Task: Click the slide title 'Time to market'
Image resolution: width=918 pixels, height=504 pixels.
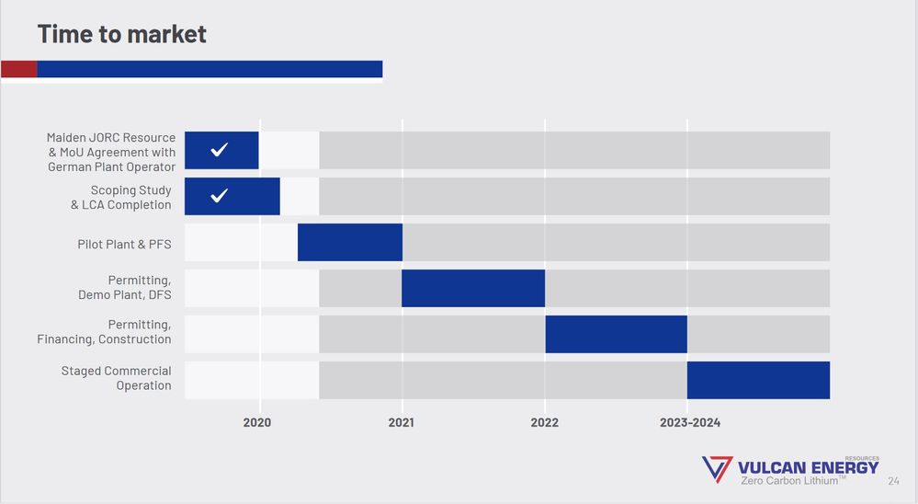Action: click(121, 34)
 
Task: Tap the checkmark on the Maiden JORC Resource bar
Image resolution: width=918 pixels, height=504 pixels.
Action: click(219, 150)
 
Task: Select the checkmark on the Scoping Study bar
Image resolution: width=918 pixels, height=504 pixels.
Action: click(219, 196)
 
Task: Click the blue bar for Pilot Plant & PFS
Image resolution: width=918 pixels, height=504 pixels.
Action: click(350, 242)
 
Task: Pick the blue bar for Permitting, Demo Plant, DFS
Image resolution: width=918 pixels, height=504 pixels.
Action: click(473, 288)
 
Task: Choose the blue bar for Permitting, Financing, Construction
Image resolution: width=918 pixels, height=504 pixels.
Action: click(616, 334)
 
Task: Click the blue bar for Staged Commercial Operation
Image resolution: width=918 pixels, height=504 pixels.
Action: click(758, 380)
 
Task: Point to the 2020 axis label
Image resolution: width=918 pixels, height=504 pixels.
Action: click(258, 423)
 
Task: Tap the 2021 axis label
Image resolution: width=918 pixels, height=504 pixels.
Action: click(402, 423)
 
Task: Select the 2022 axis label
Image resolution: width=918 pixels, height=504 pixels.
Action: click(544, 423)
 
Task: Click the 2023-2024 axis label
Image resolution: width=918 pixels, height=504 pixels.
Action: click(690, 423)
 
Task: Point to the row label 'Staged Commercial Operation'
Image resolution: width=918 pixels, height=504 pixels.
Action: click(116, 378)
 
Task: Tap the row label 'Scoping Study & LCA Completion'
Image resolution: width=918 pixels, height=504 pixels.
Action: click(120, 198)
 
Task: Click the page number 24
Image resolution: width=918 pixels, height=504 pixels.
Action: click(893, 481)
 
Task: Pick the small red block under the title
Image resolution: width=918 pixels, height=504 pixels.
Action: click(18, 69)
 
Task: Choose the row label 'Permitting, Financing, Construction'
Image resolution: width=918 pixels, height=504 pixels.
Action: click(104, 332)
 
